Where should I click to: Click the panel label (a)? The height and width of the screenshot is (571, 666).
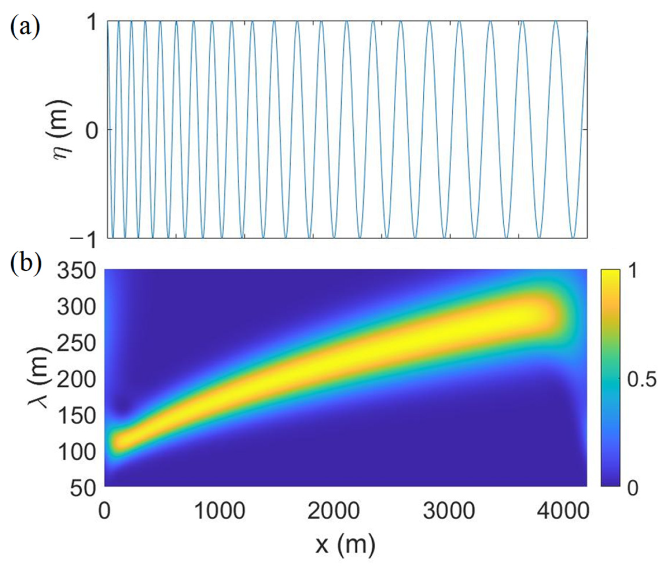(x=25, y=27)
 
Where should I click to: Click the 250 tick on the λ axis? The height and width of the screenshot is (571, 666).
(x=76, y=343)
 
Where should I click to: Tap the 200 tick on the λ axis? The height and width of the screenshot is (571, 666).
(x=76, y=380)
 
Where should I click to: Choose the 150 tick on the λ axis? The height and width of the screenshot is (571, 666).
(x=76, y=416)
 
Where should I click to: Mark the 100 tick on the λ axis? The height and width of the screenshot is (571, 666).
(x=76, y=452)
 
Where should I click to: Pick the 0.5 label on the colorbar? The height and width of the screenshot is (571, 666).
(x=642, y=379)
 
